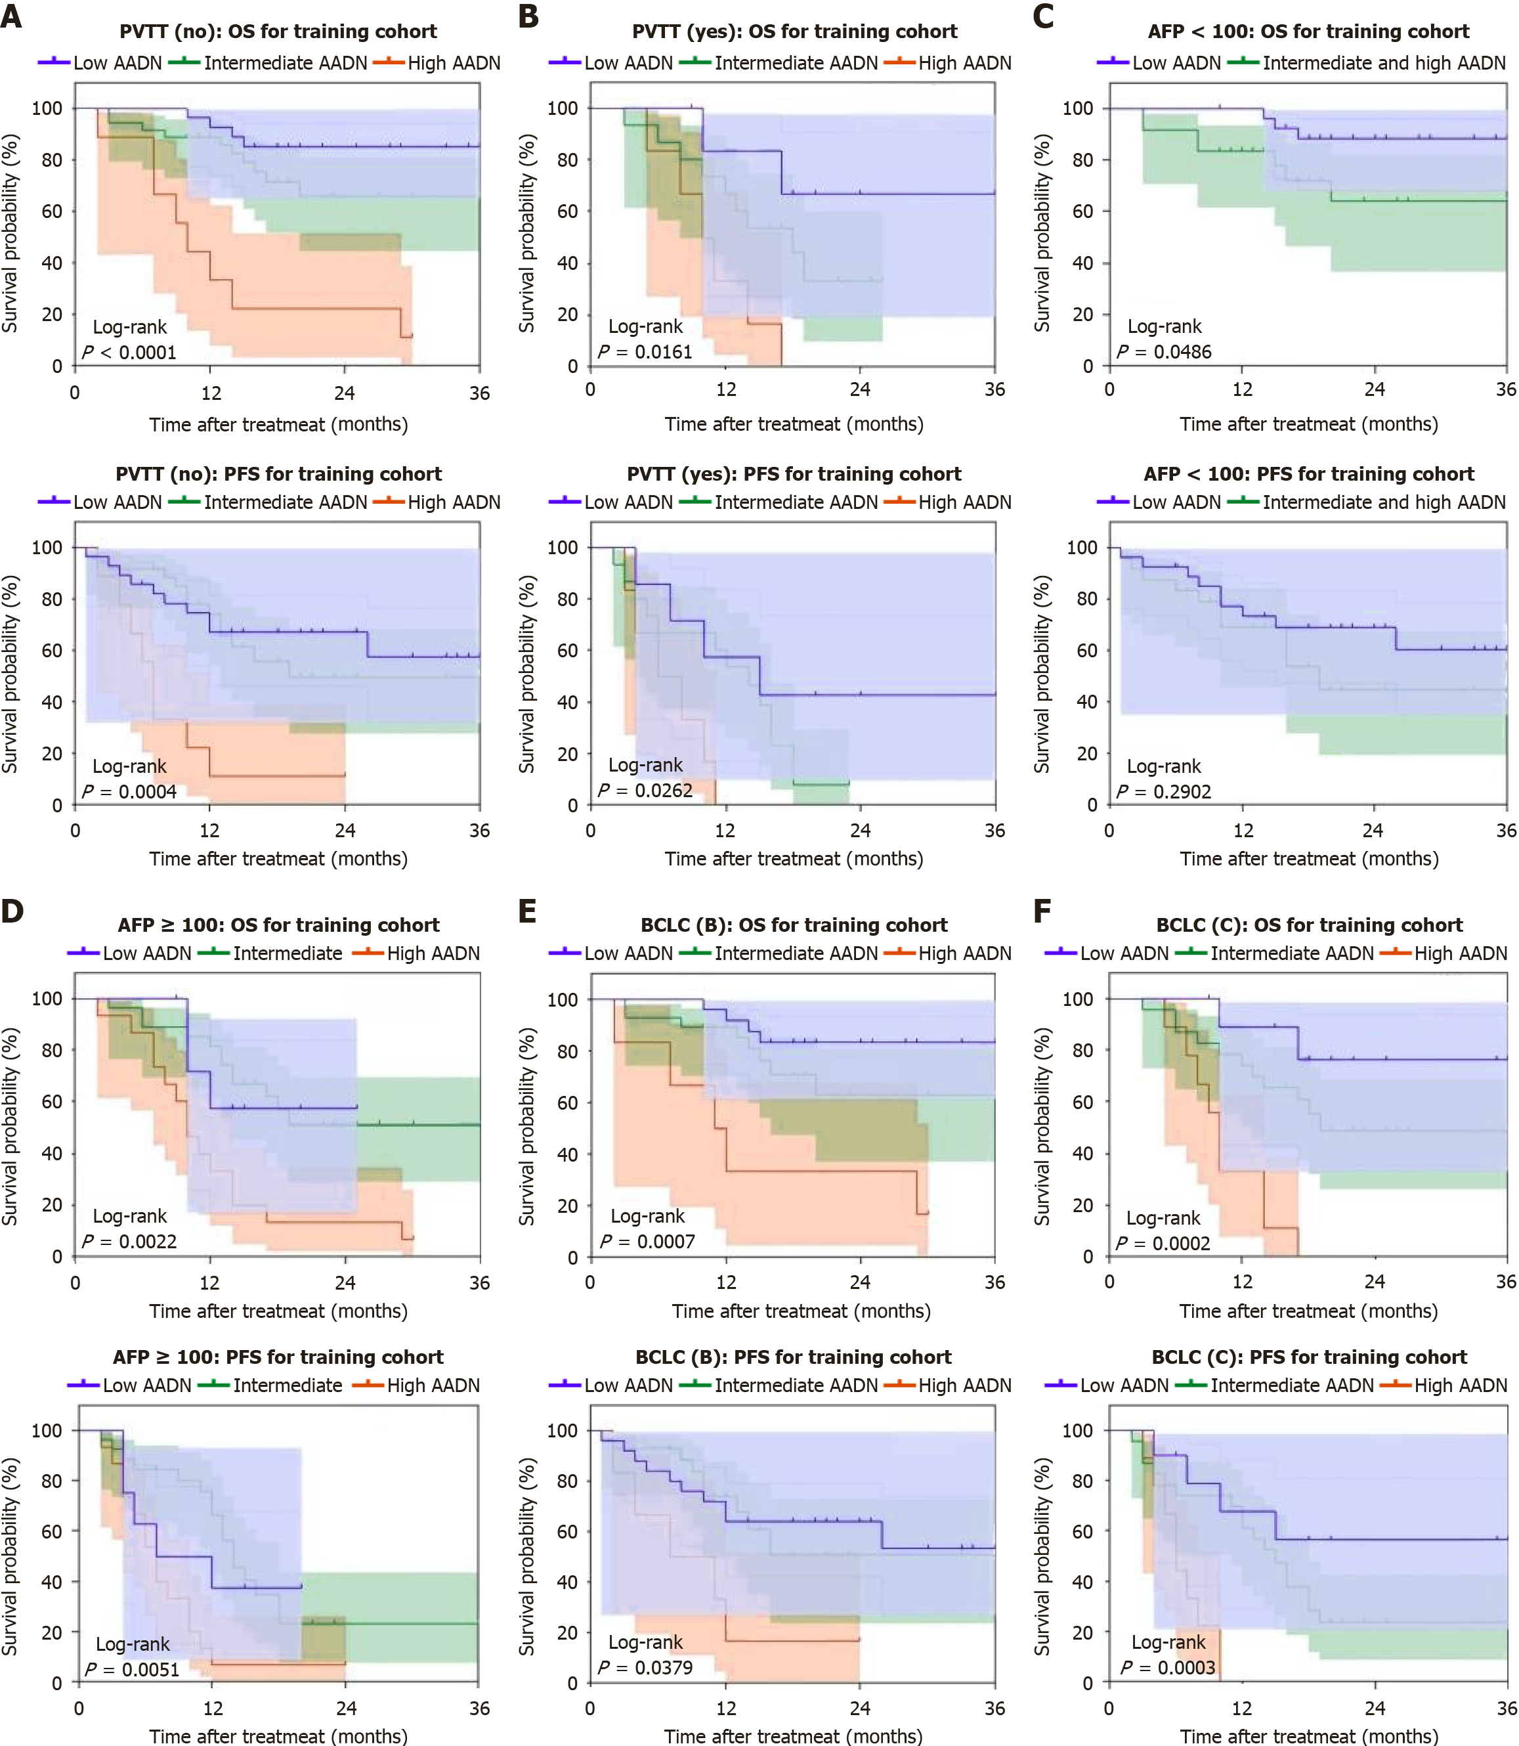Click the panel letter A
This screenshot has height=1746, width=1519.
pyautogui.click(x=11, y=16)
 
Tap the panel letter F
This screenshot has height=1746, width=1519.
pyautogui.click(x=1042, y=911)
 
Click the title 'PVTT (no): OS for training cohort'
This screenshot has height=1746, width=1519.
pyautogui.click(x=278, y=32)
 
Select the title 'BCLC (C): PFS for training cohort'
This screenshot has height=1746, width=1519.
pyautogui.click(x=1309, y=1357)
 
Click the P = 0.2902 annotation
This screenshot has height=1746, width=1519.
pyautogui.click(x=1163, y=791)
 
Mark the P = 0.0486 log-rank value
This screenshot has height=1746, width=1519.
pyautogui.click(x=1163, y=352)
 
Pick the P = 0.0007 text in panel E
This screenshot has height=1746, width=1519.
pyautogui.click(x=648, y=1242)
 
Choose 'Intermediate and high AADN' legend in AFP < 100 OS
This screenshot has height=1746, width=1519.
pyautogui.click(x=1383, y=63)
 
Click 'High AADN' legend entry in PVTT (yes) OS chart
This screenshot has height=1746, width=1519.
pyautogui.click(x=964, y=63)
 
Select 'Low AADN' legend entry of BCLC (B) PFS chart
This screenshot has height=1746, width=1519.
pyautogui.click(x=628, y=1386)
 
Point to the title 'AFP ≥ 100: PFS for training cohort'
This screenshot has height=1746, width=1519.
pyautogui.click(x=278, y=1357)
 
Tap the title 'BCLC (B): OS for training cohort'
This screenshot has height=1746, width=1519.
pyautogui.click(x=794, y=925)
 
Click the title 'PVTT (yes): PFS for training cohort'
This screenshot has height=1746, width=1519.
pyautogui.click(x=794, y=474)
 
